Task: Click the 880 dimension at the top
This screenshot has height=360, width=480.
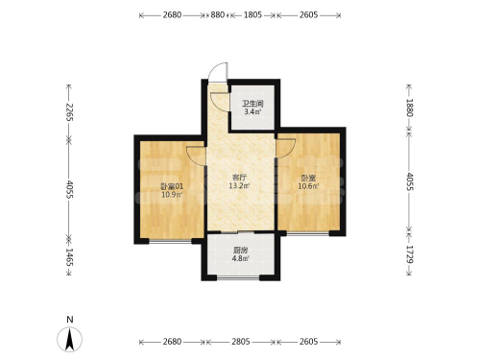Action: (x=217, y=14)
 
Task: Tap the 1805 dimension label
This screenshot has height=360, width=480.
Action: (x=252, y=14)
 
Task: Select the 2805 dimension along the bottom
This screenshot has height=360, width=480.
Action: (x=241, y=342)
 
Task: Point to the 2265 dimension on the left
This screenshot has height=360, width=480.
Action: (x=69, y=112)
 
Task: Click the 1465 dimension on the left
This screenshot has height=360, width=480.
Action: (x=69, y=257)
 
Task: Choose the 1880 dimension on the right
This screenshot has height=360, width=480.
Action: (x=410, y=108)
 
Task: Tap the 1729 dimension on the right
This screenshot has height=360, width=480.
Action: (x=410, y=254)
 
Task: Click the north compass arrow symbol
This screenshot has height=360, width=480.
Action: (x=70, y=340)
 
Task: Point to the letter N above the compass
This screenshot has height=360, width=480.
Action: (x=70, y=320)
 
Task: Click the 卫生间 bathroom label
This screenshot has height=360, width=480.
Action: (x=252, y=104)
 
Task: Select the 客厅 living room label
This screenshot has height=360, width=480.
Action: (x=239, y=178)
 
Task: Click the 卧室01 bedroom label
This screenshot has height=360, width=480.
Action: (x=172, y=186)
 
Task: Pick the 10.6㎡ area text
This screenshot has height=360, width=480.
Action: (x=308, y=186)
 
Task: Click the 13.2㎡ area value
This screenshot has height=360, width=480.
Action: (x=239, y=185)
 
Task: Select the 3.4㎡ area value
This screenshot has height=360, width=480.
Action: (x=252, y=111)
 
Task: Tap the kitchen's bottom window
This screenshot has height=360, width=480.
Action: (x=238, y=278)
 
